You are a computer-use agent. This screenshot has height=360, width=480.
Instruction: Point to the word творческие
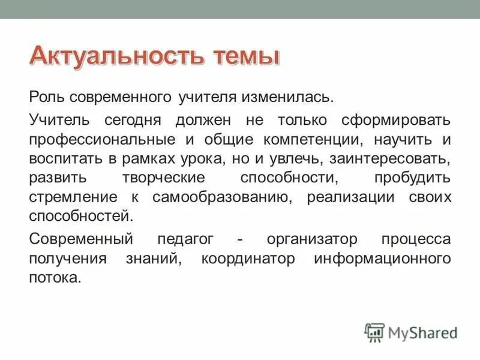pyautogui.click(x=157, y=179)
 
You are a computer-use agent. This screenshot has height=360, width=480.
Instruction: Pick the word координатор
pyautogui.click(x=248, y=259)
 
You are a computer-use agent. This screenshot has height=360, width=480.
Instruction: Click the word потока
pyautogui.click(x=54, y=279)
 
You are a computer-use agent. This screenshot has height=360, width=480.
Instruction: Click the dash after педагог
pyautogui.click(x=240, y=240)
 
